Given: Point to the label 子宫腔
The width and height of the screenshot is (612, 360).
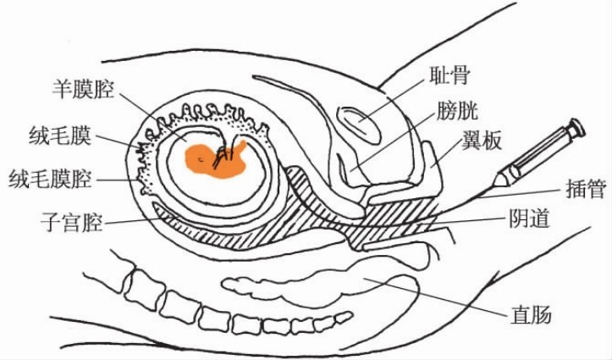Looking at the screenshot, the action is [x=71, y=224].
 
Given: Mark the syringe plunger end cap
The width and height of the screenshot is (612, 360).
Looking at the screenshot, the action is [x=576, y=128].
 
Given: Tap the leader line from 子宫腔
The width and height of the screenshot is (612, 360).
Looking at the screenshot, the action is [x=135, y=219].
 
